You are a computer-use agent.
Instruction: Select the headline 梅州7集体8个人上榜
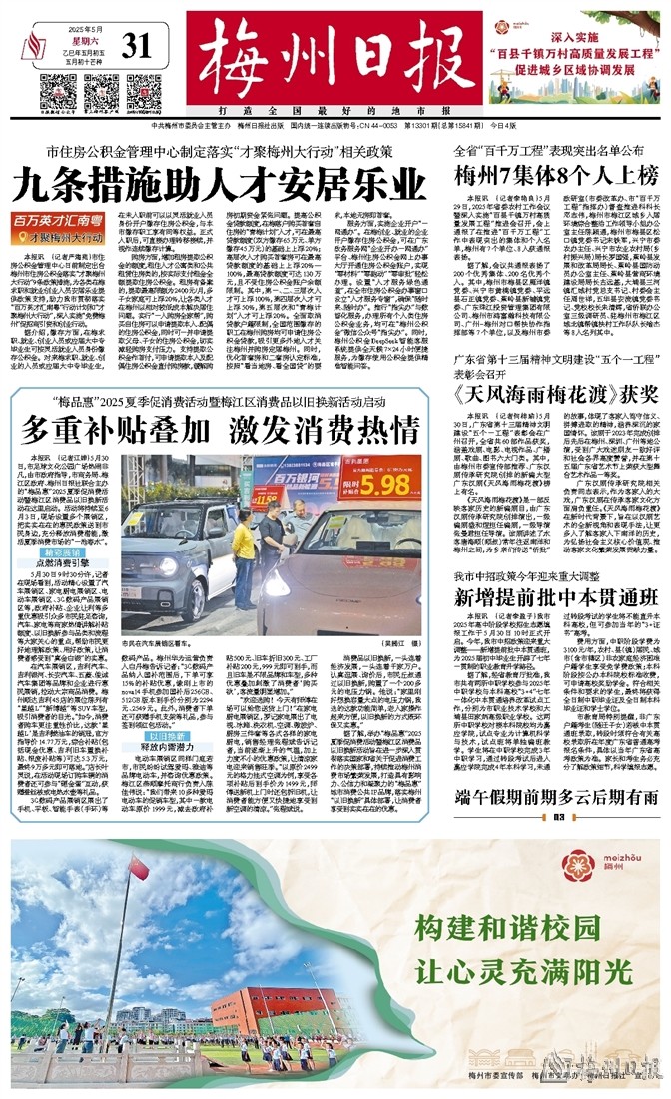[556, 176]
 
